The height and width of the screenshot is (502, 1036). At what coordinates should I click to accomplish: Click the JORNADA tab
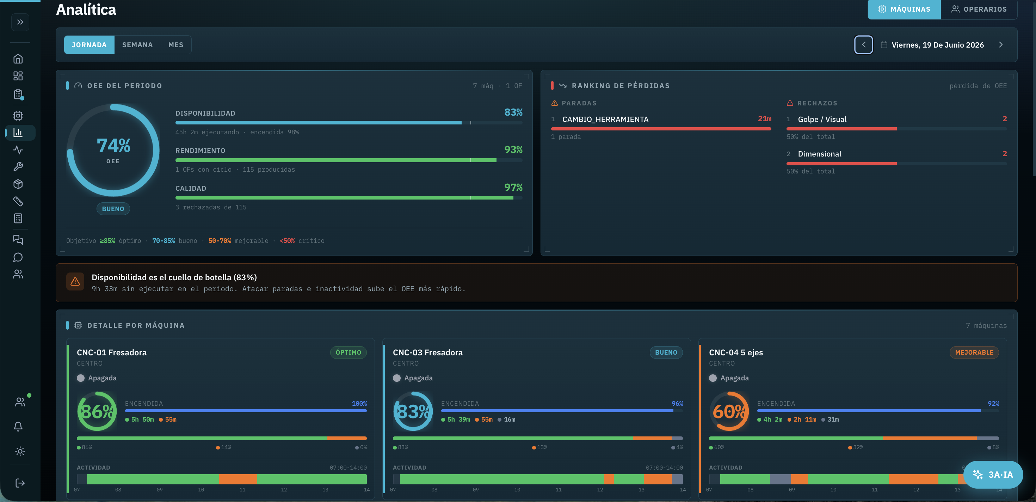click(x=89, y=45)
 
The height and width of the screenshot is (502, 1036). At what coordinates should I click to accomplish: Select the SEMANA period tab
click(x=137, y=45)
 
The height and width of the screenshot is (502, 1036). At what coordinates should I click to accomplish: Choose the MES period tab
click(x=176, y=45)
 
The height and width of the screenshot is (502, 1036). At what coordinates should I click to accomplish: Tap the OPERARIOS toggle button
click(x=979, y=9)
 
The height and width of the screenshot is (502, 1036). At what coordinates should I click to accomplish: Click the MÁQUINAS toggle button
click(x=904, y=9)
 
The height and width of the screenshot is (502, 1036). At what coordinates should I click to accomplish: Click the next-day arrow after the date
click(x=1001, y=45)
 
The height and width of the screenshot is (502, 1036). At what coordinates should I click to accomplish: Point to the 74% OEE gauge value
click(x=113, y=145)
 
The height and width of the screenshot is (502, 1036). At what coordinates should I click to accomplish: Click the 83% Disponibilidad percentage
click(x=513, y=112)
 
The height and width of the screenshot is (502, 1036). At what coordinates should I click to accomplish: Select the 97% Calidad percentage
click(x=513, y=187)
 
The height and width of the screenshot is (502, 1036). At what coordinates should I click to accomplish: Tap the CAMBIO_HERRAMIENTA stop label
click(x=605, y=120)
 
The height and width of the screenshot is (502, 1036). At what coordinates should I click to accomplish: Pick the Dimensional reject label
click(x=820, y=154)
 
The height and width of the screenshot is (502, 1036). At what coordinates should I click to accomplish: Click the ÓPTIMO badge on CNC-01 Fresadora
click(x=348, y=353)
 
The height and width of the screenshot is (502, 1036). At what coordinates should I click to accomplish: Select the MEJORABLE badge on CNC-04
click(x=974, y=353)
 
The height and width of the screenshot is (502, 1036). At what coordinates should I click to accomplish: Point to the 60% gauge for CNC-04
click(x=729, y=411)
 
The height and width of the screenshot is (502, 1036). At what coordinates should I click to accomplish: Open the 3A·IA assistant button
click(x=993, y=475)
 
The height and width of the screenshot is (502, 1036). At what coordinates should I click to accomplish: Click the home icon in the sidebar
click(x=18, y=59)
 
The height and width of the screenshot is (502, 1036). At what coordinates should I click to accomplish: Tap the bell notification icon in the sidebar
click(x=18, y=426)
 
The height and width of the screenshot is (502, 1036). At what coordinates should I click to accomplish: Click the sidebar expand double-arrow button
click(x=20, y=22)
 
